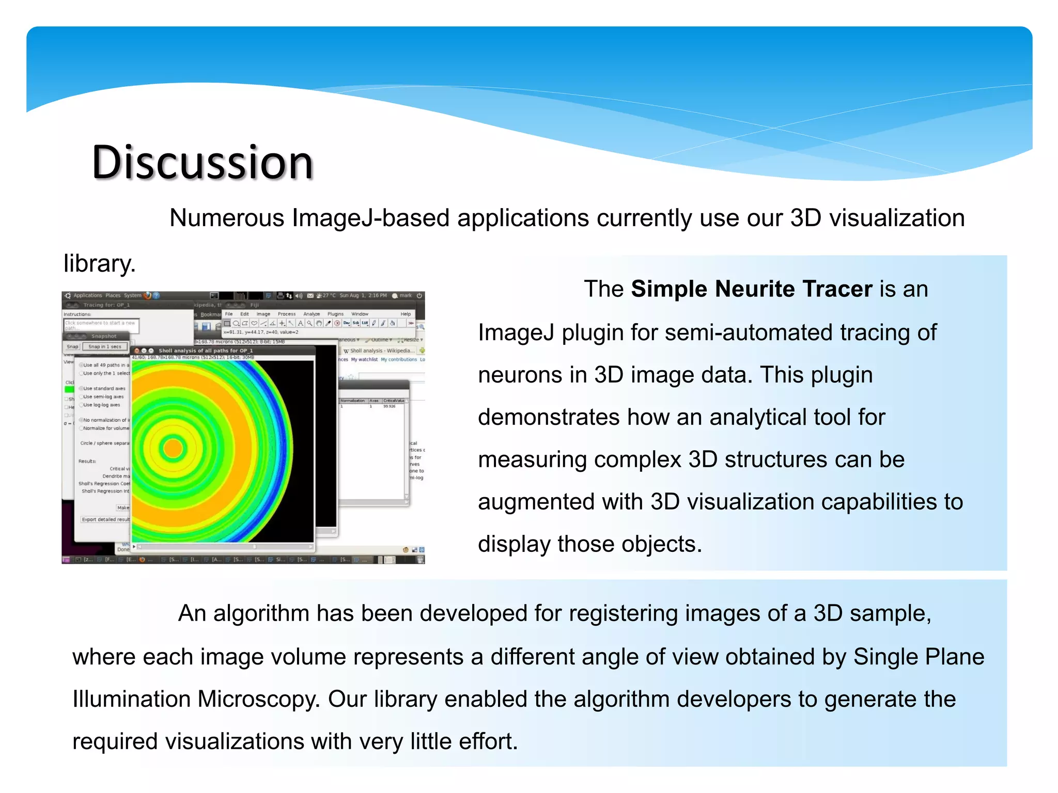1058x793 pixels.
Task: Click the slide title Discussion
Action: click(203, 163)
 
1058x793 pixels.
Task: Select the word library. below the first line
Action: click(99, 264)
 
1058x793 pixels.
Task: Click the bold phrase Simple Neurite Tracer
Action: click(751, 289)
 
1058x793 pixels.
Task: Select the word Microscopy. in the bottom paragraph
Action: click(259, 699)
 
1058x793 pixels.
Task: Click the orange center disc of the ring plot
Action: click(173, 449)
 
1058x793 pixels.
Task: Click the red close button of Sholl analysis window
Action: click(137, 351)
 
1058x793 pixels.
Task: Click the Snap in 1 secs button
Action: click(105, 346)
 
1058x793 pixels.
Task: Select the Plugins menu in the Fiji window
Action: click(335, 314)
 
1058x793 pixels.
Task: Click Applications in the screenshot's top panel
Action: click(87, 295)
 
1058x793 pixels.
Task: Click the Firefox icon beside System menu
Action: click(147, 295)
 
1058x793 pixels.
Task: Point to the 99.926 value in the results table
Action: click(389, 406)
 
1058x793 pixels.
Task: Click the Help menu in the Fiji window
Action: click(406, 314)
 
